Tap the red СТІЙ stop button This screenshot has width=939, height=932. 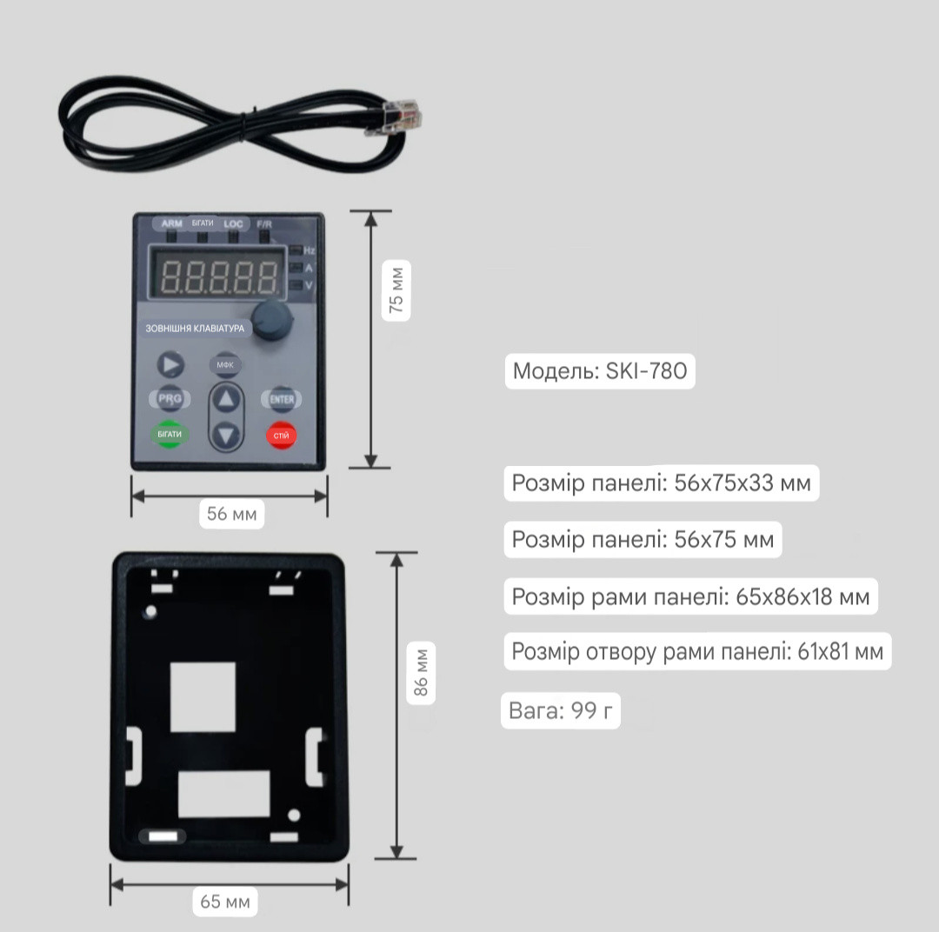tap(281, 436)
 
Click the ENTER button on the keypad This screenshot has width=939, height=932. tap(281, 399)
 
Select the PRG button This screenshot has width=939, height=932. tap(170, 398)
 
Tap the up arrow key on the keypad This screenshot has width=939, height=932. tap(226, 399)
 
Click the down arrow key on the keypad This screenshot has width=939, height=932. tap(226, 435)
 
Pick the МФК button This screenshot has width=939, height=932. tap(225, 364)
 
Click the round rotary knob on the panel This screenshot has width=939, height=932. tap(272, 321)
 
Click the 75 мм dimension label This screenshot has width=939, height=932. tap(396, 290)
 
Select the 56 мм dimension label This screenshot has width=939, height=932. tap(232, 514)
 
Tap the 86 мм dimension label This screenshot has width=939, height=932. tap(421, 673)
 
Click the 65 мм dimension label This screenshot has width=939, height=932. tap(225, 902)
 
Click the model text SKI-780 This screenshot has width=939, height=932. tap(646, 371)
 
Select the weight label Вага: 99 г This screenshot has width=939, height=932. tap(561, 711)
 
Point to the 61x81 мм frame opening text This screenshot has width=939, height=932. tap(840, 651)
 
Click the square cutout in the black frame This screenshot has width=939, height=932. tap(203, 696)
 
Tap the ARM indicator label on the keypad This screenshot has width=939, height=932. tap(172, 223)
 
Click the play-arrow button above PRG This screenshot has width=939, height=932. tap(170, 364)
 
